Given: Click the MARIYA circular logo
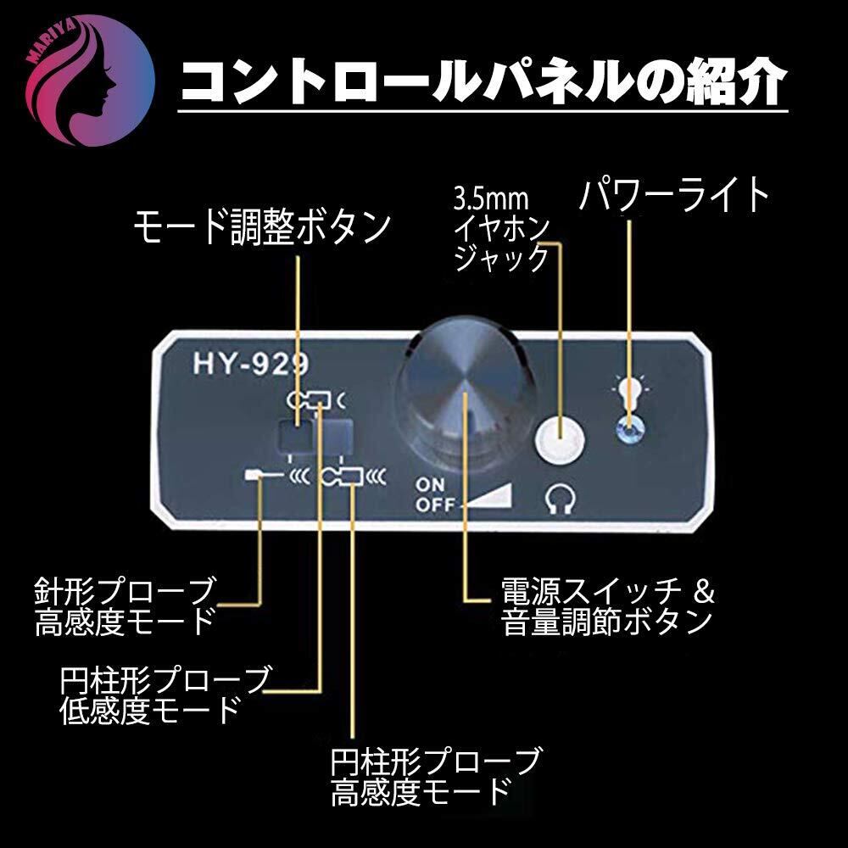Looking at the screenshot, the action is (91, 81).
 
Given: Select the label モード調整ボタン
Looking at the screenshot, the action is (262, 227).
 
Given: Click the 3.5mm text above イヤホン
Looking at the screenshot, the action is (490, 198).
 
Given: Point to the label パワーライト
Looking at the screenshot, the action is (674, 195).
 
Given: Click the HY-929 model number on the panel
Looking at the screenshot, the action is (251, 364).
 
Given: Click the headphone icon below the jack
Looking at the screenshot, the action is (559, 498).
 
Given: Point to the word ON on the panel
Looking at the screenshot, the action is (430, 484).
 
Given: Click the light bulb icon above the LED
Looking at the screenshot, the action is (628, 393).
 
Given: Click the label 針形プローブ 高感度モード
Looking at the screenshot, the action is (125, 606).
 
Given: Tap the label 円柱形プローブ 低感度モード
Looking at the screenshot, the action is (165, 695).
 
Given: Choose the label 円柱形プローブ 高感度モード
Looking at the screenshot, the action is (435, 777).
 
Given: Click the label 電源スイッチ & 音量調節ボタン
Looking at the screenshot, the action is (608, 606).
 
